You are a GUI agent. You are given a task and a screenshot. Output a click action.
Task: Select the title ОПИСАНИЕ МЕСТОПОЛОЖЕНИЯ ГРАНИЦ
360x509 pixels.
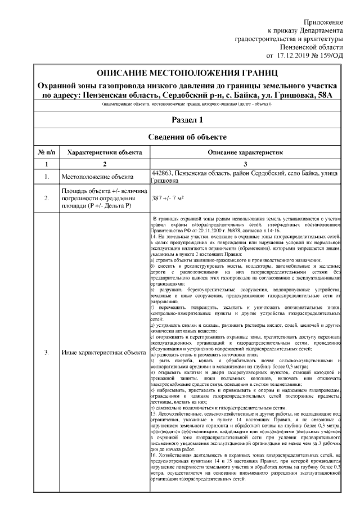[188, 74]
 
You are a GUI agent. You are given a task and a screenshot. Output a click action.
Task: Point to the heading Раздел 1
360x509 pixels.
[188, 120]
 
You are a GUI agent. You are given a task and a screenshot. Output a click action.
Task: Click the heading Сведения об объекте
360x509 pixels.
[188, 137]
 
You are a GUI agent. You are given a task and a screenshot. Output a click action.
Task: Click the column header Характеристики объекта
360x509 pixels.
[104, 152]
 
